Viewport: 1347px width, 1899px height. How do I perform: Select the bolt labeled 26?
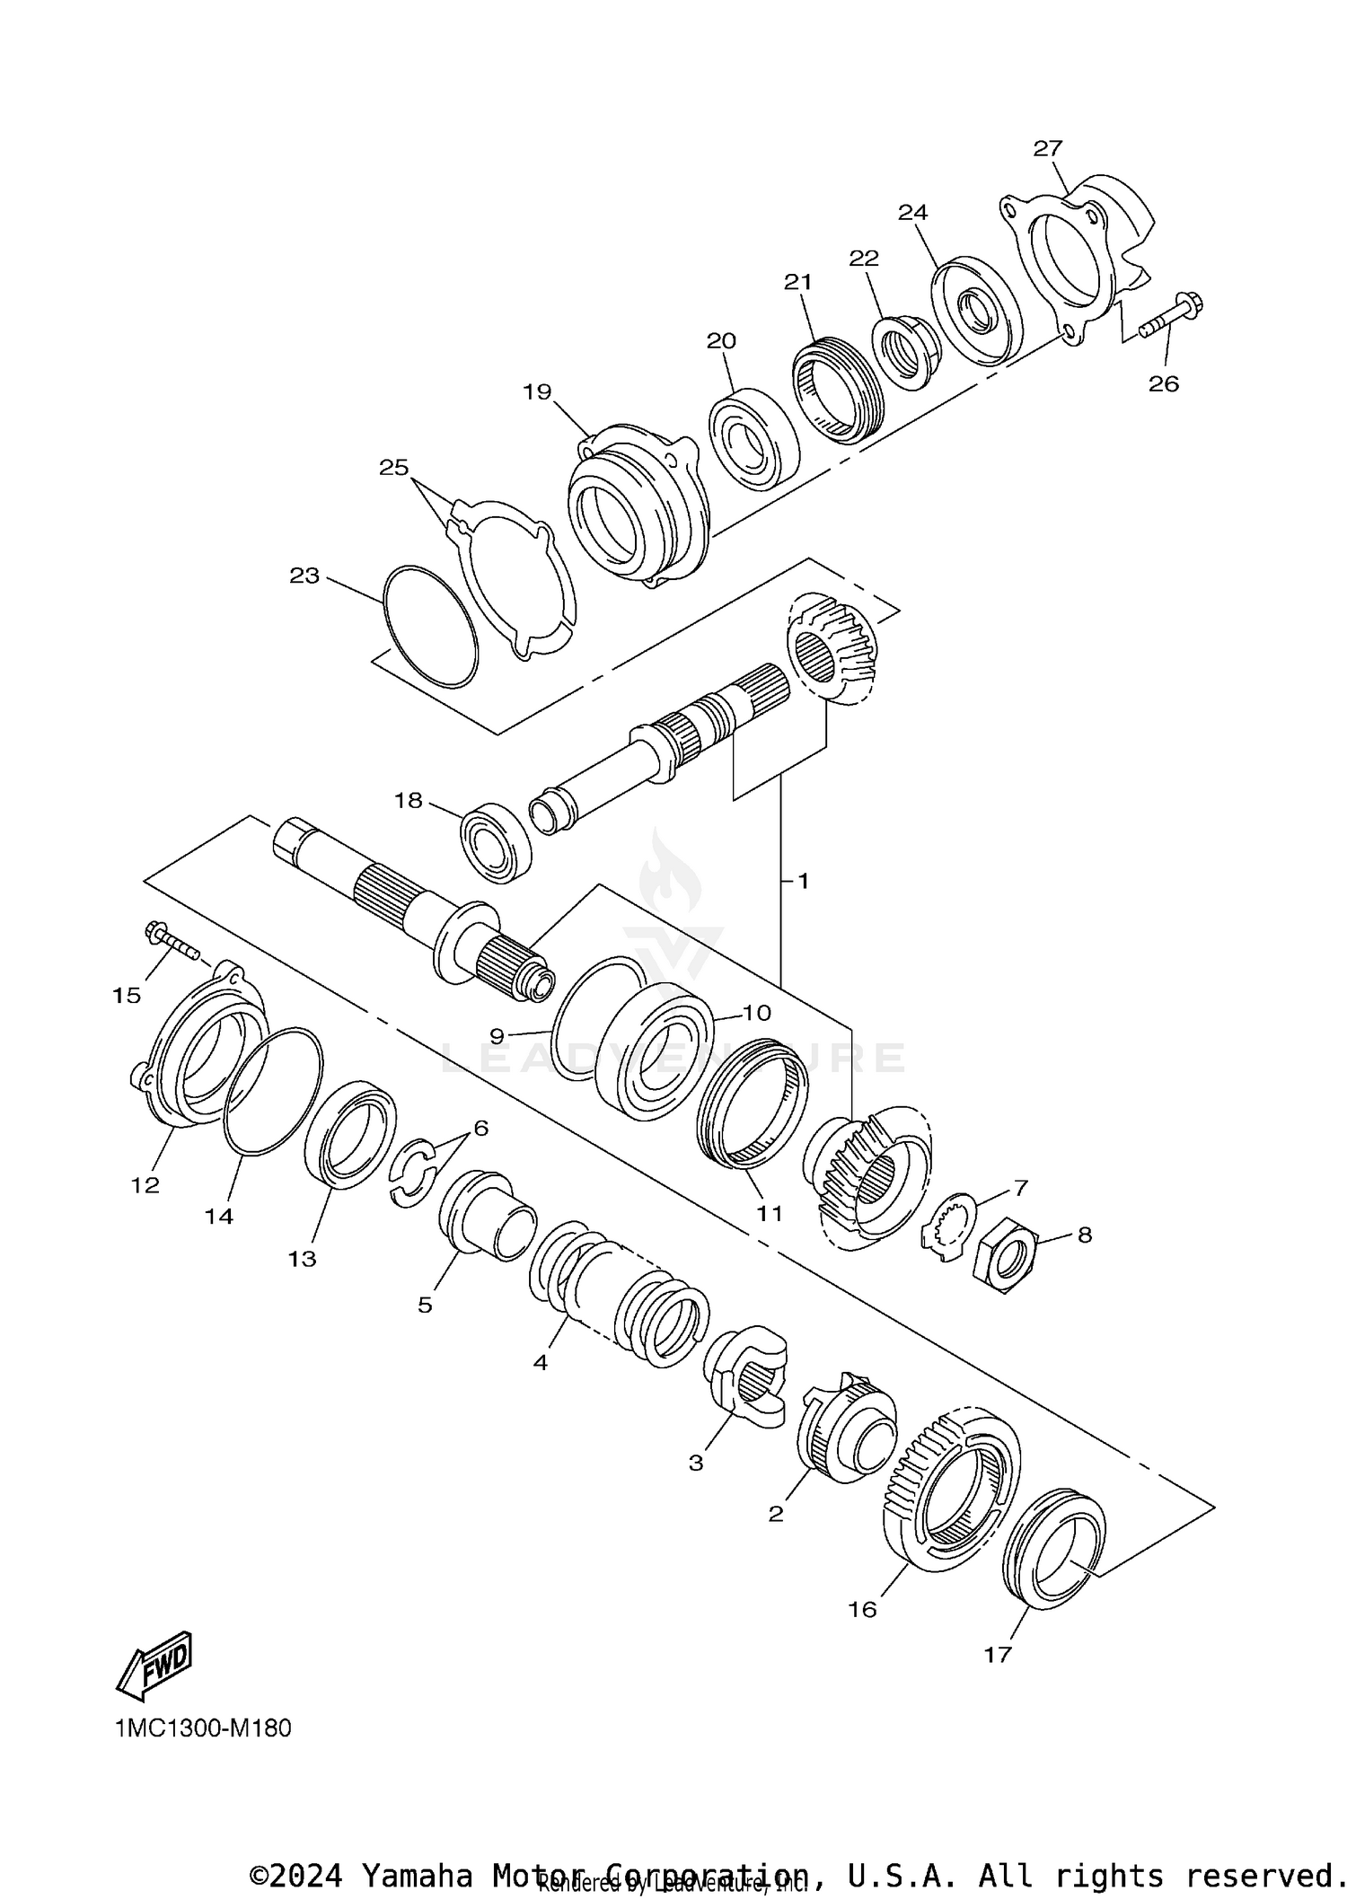(1172, 319)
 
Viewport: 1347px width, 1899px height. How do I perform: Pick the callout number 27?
(1047, 148)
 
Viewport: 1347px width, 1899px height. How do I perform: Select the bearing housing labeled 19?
(638, 507)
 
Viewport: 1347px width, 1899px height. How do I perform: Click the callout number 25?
(393, 468)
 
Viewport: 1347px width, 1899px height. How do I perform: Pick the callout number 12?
(145, 1185)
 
